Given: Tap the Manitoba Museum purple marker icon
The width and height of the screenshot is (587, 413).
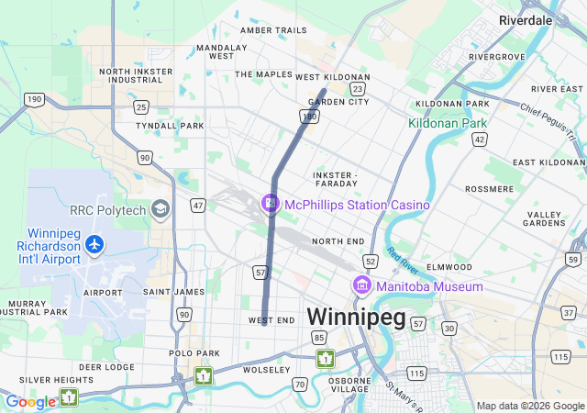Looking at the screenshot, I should [x=361, y=286].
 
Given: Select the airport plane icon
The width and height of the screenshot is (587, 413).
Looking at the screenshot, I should [x=94, y=244].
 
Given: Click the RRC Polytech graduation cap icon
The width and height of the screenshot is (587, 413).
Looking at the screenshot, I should [x=161, y=210].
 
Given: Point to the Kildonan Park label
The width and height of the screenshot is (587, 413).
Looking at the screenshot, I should [x=449, y=122].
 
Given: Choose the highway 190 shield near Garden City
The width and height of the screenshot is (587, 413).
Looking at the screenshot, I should [x=309, y=117].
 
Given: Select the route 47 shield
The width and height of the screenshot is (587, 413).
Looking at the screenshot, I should [x=197, y=206].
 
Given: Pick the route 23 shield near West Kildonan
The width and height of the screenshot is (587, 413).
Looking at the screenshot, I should [x=357, y=89].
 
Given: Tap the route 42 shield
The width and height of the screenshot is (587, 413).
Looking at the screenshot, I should [x=479, y=139].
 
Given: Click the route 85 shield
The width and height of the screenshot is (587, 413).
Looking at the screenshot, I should [x=319, y=338].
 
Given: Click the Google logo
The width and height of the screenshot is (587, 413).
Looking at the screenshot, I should [x=30, y=402].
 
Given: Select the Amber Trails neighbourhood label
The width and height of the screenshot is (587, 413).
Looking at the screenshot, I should [x=273, y=30].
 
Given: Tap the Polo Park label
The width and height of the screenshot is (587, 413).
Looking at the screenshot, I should [x=194, y=352].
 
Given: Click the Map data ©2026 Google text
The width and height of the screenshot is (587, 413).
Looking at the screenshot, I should [x=530, y=406].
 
